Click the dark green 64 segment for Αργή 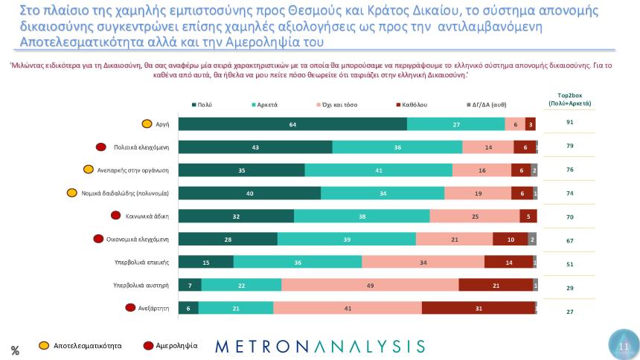tap(293, 124)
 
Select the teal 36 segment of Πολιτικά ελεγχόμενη tap(397, 147)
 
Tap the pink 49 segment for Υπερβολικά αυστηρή tap(370, 285)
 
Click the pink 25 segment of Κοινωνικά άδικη tap(475, 216)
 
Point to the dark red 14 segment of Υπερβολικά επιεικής tap(508, 262)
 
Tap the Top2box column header tap(569, 100)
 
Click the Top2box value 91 tap(569, 121)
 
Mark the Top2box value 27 tap(569, 312)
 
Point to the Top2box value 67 tap(569, 241)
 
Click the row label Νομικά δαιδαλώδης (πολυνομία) tap(125, 193)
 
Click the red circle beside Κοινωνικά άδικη tap(115, 216)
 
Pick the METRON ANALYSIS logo tap(320, 347)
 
